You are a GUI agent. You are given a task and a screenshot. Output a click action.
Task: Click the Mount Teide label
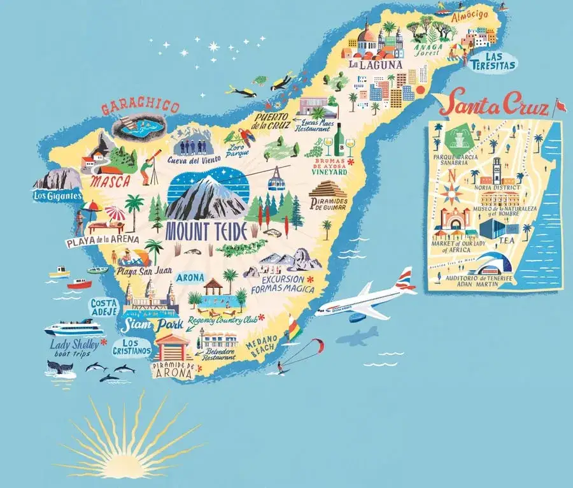pos(206,232)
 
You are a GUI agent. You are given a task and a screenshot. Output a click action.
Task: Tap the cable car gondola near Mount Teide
pos(276,182)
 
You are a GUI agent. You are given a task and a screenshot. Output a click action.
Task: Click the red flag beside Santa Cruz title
pos(560,104)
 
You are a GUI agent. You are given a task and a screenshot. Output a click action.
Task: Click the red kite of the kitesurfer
pos(316,345)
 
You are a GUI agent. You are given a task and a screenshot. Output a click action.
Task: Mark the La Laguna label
pos(376,64)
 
